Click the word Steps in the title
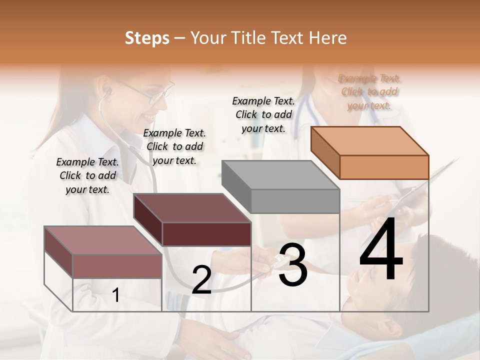147,38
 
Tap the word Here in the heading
326,38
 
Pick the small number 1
116,295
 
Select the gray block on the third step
281,188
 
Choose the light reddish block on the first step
103,253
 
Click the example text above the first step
87,175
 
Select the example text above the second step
174,146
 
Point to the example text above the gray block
263,114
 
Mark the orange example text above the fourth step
369,91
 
